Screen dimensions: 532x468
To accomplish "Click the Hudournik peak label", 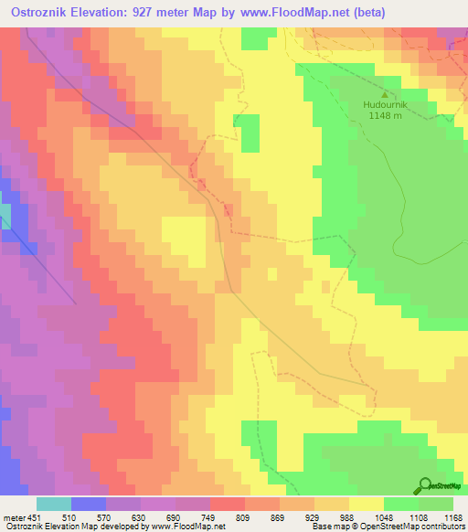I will pyautogui.click(x=384, y=104).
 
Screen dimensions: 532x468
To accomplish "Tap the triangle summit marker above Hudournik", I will pyautogui.click(x=384, y=93).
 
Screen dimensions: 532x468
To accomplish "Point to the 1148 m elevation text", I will pyautogui.click(x=384, y=115).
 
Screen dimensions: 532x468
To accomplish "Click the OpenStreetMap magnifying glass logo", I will pyautogui.click(x=424, y=485).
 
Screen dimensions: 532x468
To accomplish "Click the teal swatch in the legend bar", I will pyautogui.click(x=53, y=504).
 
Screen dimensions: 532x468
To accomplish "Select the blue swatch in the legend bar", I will pyautogui.click(x=88, y=504).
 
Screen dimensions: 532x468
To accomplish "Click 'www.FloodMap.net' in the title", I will pyautogui.click(x=292, y=12).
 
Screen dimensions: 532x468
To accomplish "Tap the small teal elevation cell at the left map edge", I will pyautogui.click(x=5, y=216).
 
